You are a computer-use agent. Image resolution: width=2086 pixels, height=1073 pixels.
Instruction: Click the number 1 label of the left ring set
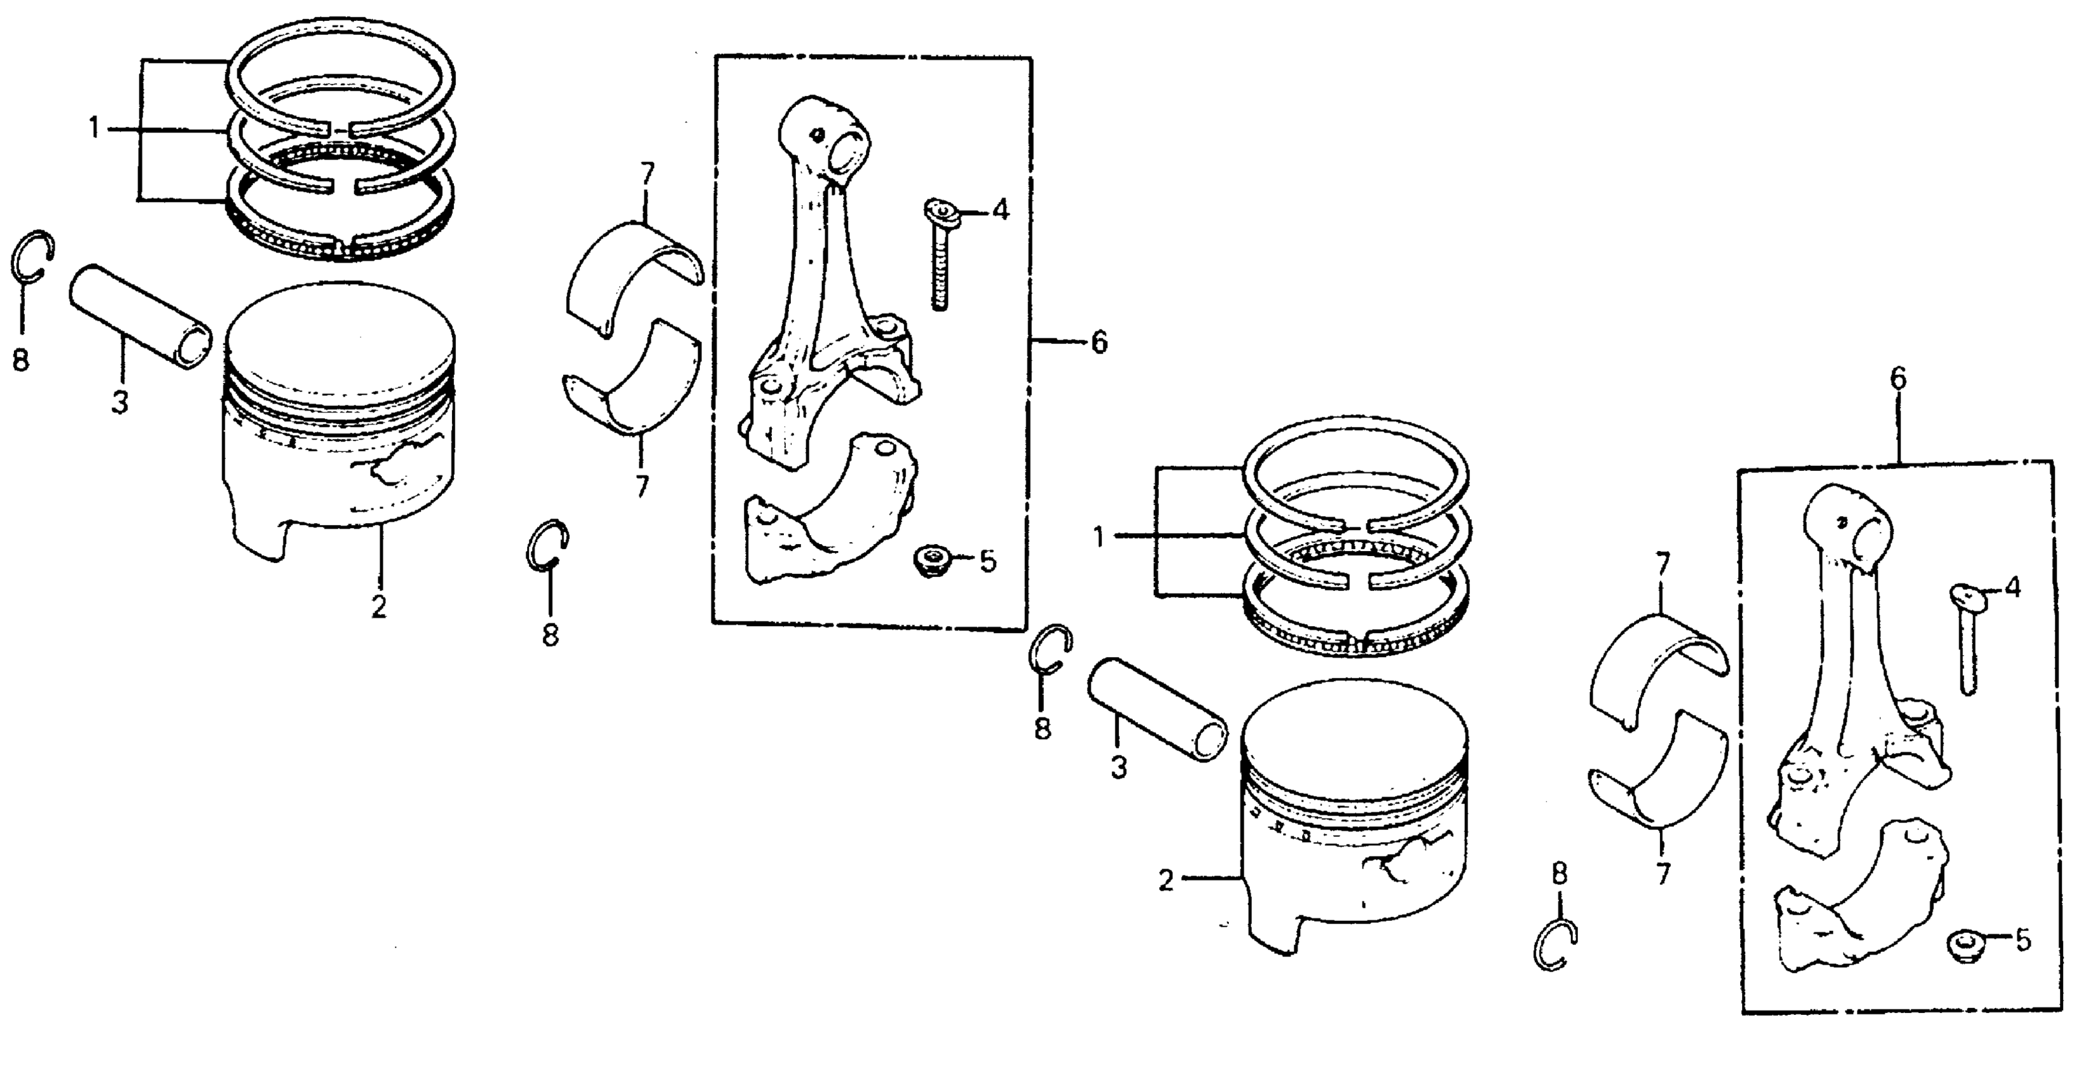pyautogui.click(x=95, y=129)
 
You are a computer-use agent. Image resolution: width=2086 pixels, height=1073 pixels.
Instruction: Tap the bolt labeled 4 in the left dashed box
pyautogui.click(x=939, y=259)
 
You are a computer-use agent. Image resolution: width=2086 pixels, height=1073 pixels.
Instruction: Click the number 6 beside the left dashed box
pyautogui.click(x=1098, y=343)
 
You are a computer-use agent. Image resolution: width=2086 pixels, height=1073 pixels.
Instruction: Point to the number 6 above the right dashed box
pyautogui.click(x=1897, y=379)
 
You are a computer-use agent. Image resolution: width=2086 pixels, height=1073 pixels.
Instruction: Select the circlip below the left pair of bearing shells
pyautogui.click(x=547, y=543)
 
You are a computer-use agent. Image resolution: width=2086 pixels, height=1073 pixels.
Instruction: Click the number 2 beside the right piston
pyautogui.click(x=1165, y=880)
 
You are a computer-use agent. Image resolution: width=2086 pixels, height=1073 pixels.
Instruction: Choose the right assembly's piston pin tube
pyautogui.click(x=1156, y=709)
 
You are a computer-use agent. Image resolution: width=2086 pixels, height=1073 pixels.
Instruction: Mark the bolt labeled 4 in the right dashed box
pyautogui.click(x=1966, y=640)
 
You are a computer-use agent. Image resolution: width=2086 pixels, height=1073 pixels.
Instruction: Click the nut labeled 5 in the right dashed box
pyautogui.click(x=1960, y=947)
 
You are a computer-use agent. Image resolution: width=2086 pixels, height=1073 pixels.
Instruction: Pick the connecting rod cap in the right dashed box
pyautogui.click(x=1854, y=907)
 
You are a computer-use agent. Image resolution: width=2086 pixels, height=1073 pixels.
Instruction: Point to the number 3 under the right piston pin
pyautogui.click(x=1118, y=768)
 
